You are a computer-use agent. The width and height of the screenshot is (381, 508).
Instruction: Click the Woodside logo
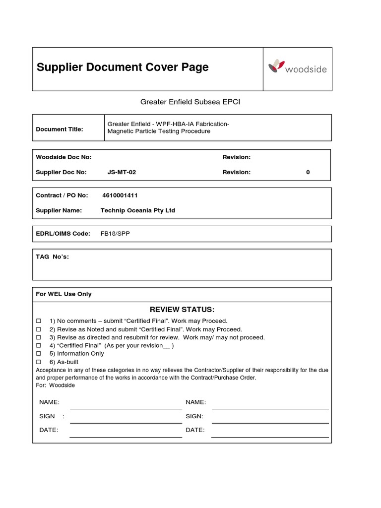[297, 68]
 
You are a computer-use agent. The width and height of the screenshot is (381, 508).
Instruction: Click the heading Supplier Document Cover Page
[123, 67]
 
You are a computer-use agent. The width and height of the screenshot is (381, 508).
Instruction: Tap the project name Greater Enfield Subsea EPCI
[190, 102]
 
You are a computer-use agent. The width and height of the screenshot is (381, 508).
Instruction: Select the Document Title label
[60, 129]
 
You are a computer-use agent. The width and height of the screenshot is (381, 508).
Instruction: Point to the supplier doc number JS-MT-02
[122, 172]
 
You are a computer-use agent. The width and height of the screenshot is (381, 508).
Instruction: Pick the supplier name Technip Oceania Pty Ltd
[138, 210]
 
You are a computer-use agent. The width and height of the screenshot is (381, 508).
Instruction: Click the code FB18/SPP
[115, 234]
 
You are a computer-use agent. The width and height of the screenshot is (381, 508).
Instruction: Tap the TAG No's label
[52, 256]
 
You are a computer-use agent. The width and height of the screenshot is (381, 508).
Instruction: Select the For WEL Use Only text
[63, 294]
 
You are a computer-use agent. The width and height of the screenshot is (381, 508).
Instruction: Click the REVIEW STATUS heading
[182, 310]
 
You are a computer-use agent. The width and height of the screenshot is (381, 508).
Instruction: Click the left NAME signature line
[126, 408]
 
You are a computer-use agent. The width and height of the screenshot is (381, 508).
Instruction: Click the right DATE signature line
[270, 436]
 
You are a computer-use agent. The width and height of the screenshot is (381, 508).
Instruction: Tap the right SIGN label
[194, 416]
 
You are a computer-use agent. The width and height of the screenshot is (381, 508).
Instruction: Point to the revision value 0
[308, 172]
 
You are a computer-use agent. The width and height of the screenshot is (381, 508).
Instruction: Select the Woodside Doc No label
[63, 157]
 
